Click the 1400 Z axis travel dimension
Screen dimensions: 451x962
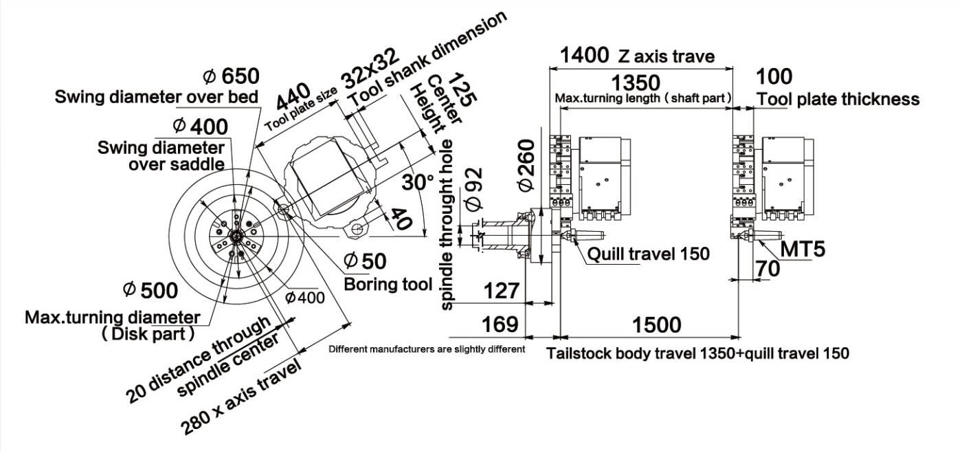pos(584,54)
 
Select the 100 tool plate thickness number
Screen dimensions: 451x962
pos(773,76)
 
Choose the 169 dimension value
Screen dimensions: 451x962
pos(497,324)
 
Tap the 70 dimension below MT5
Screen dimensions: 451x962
pos(767,269)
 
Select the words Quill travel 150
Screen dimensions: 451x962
pos(648,254)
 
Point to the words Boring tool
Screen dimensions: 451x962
pos(388,283)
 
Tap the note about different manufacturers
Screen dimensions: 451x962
pos(427,349)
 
